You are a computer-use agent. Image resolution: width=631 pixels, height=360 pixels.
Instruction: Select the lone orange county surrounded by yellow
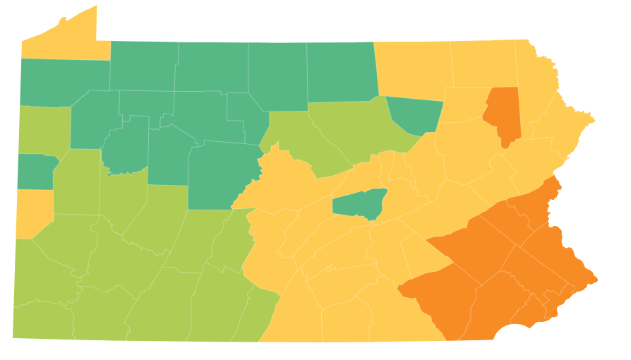point(503,113)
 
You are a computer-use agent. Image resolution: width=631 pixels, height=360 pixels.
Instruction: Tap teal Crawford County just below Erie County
point(64,81)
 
